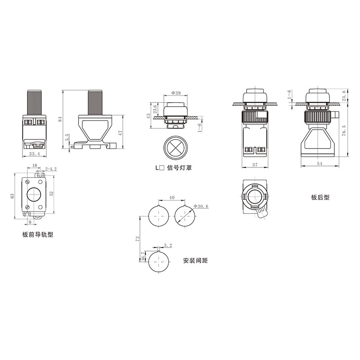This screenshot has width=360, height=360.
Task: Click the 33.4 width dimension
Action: point(35,154)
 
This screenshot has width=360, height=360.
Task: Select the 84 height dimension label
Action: point(60,119)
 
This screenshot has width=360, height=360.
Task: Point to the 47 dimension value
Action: point(121,132)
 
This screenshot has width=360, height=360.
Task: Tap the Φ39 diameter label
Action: point(176,93)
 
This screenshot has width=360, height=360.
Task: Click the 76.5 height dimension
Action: point(344,130)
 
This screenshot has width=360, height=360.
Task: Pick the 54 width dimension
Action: point(319,163)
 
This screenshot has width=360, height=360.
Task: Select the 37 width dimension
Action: point(255,164)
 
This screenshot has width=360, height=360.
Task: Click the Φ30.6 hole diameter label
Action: point(201,207)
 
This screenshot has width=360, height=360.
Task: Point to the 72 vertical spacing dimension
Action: point(138,238)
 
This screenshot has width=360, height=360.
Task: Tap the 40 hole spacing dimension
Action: point(172,198)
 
